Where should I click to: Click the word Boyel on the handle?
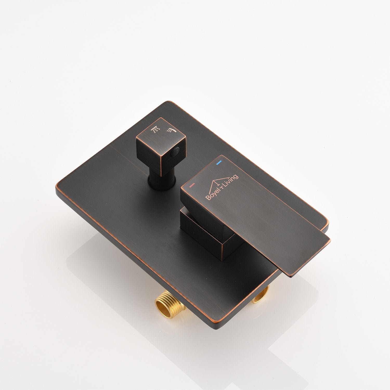212,195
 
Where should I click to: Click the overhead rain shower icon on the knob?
155,129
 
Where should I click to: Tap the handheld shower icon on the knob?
171,130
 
